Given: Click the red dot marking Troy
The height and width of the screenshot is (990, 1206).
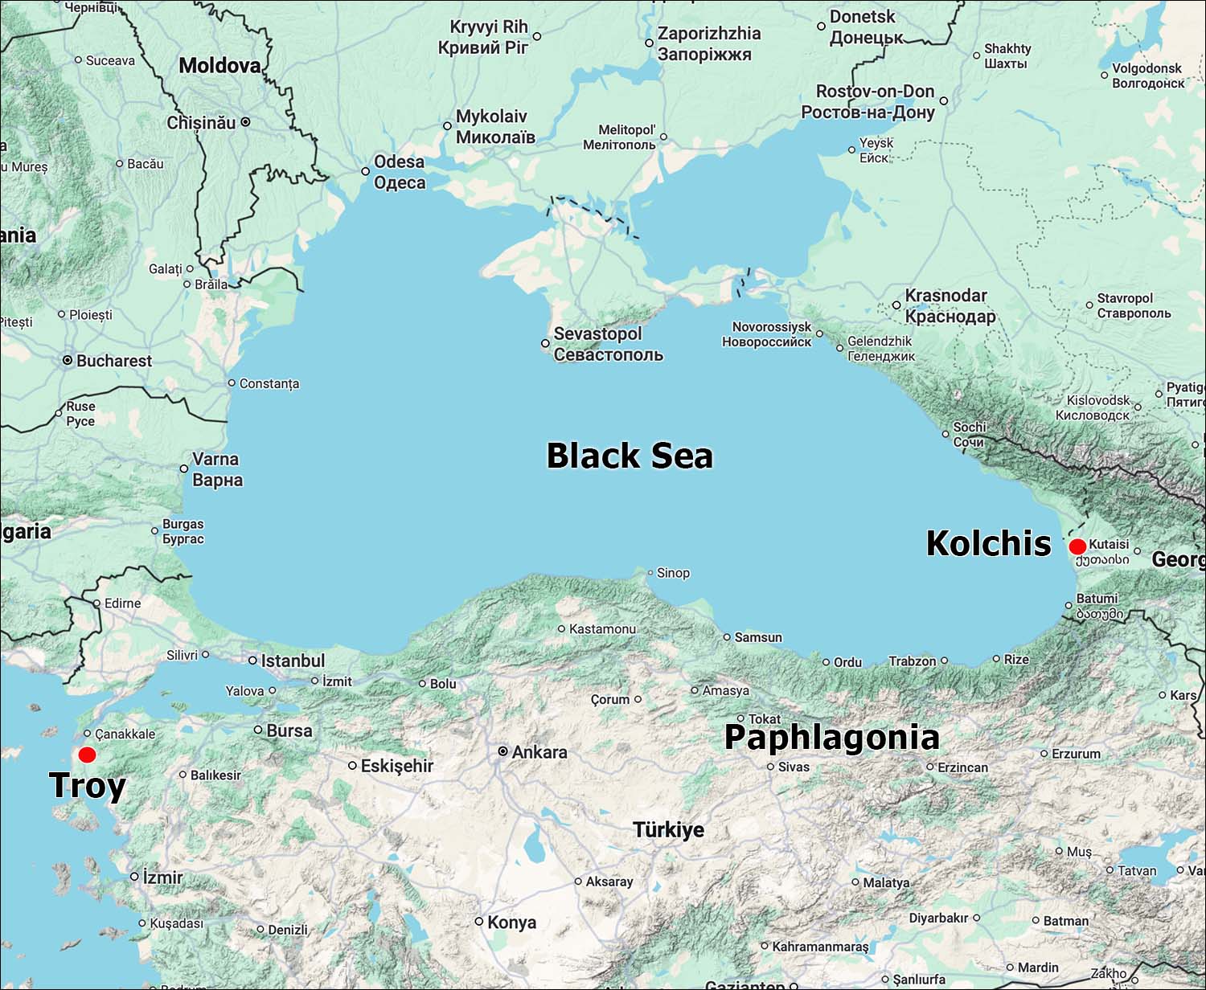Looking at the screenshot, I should pyautogui.click(x=87, y=755).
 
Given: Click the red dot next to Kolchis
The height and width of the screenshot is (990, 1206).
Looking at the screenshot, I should pyautogui.click(x=1077, y=547).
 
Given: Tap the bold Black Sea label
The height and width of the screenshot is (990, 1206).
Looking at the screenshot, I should pyautogui.click(x=630, y=456).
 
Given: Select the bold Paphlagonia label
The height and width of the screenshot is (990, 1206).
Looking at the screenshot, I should pyautogui.click(x=831, y=738).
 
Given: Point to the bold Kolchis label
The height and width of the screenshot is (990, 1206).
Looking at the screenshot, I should pyautogui.click(x=988, y=543).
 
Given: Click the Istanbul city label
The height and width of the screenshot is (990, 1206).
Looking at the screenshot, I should pyautogui.click(x=293, y=661).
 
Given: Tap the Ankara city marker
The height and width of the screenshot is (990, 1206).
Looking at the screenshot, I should pyautogui.click(x=503, y=752).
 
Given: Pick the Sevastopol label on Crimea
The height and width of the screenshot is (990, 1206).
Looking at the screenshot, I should pyautogui.click(x=598, y=334).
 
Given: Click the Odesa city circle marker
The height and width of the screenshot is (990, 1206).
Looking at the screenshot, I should pyautogui.click(x=366, y=171).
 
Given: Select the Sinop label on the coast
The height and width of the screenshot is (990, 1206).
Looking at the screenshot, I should pyautogui.click(x=673, y=573).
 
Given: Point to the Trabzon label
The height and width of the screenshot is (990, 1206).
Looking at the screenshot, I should pyautogui.click(x=912, y=661).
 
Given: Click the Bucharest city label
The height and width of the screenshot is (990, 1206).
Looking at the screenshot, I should pyautogui.click(x=113, y=361).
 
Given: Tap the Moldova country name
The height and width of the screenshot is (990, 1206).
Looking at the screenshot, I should pyautogui.click(x=219, y=66).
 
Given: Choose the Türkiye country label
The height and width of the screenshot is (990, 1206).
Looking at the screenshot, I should pyautogui.click(x=668, y=829).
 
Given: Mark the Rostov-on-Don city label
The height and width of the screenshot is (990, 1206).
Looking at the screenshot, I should pyautogui.click(x=875, y=92).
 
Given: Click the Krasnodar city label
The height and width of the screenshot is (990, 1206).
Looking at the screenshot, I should pyautogui.click(x=946, y=296).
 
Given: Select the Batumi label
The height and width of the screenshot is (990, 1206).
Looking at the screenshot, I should pyautogui.click(x=1097, y=599).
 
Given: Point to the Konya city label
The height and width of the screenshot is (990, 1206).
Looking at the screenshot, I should pyautogui.click(x=511, y=922).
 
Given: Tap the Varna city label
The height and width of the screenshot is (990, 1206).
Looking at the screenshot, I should pyautogui.click(x=215, y=460).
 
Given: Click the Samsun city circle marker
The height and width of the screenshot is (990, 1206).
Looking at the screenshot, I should pyautogui.click(x=727, y=637).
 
